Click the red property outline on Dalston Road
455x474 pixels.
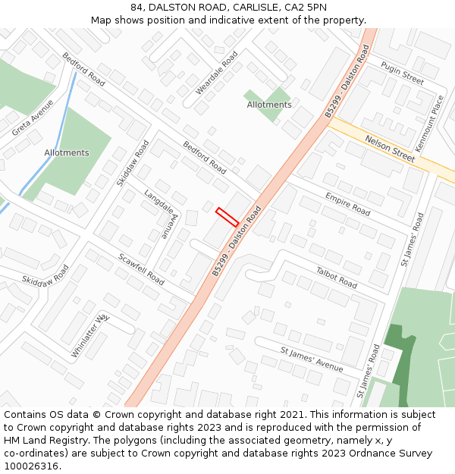click(x=227, y=217)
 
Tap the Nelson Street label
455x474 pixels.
click(x=390, y=149)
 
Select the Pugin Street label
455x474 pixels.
click(x=402, y=73)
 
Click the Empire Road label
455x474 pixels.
click(x=347, y=203)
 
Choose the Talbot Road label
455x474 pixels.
click(x=336, y=277)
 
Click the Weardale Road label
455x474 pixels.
click(x=217, y=73)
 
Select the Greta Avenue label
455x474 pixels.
click(x=33, y=118)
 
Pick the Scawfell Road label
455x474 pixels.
click(x=141, y=268)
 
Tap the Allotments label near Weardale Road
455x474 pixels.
click(x=268, y=105)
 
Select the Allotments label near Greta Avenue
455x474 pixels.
click(x=67, y=152)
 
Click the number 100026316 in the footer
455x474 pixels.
click(x=30, y=466)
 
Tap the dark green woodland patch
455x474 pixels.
click(x=400, y=356)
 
